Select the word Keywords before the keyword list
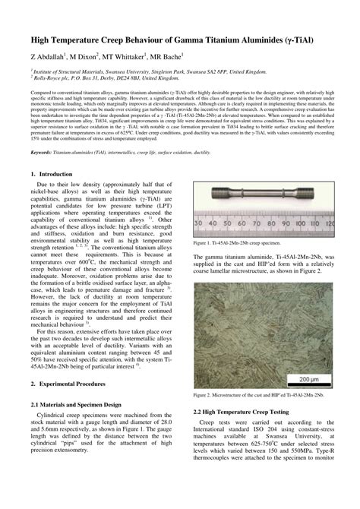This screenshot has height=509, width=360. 44,152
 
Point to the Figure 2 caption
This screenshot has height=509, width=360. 259,396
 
